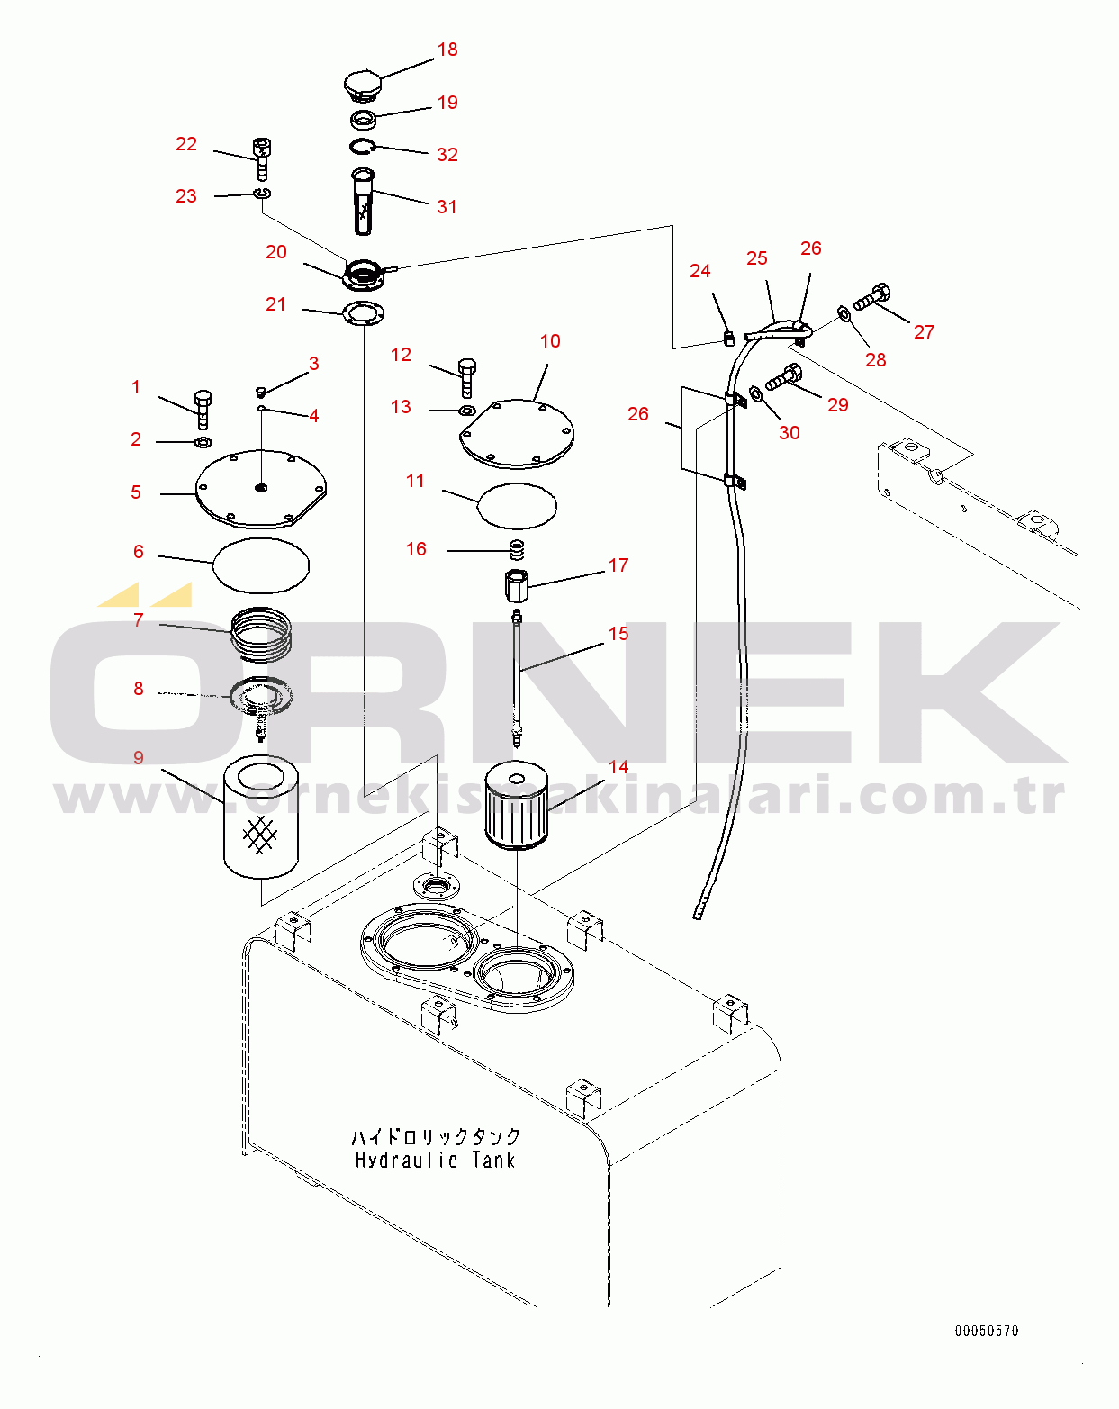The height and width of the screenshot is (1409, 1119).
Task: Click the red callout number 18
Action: [447, 50]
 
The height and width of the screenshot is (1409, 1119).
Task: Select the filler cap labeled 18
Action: [362, 86]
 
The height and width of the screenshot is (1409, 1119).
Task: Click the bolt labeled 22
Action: [262, 158]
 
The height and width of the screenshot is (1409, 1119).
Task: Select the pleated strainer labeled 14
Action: [516, 806]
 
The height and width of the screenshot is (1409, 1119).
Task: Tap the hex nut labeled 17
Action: [516, 585]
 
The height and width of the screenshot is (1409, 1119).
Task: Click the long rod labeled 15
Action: [517, 675]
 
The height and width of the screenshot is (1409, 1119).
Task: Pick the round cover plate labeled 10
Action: [516, 434]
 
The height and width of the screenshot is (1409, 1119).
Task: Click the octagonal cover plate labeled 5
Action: [261, 489]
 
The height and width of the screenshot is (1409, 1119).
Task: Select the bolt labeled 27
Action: [872, 297]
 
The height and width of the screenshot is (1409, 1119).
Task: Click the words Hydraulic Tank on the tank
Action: [436, 1160]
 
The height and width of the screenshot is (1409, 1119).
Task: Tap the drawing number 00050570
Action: [987, 1331]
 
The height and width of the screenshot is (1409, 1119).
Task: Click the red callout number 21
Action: [275, 304]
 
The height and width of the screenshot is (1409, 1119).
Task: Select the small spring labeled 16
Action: [517, 548]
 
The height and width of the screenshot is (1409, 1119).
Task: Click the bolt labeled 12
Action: [466, 377]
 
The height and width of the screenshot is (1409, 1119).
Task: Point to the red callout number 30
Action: [789, 433]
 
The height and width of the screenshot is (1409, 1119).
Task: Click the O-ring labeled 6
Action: [261, 565]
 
